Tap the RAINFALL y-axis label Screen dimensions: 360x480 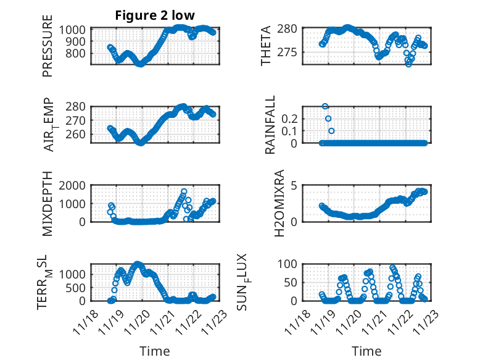[270, 124]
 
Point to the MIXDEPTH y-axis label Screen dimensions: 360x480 [48, 204]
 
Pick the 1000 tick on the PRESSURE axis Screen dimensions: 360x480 [75, 30]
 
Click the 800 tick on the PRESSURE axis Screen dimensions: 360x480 [78, 53]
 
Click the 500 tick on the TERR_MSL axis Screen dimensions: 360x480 [78, 288]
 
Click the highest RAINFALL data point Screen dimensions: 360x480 [325, 106]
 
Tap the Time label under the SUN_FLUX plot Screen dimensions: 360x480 [366, 351]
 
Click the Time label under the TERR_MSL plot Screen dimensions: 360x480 [155, 351]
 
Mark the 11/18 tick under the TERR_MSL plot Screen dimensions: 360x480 [85, 320]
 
